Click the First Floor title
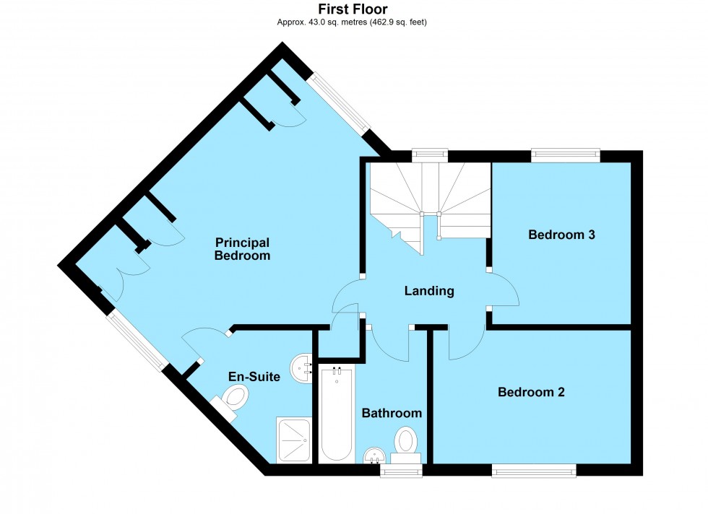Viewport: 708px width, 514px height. click(353, 9)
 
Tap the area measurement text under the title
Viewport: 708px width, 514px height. click(353, 22)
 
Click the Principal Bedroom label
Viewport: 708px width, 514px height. click(242, 249)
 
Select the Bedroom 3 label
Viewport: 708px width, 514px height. click(561, 235)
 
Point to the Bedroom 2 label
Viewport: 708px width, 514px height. click(531, 393)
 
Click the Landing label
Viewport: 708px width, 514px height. click(429, 292)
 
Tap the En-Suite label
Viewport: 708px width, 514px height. click(254, 376)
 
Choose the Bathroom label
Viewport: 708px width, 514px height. click(392, 414)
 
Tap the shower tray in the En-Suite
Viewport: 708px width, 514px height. click(294, 440)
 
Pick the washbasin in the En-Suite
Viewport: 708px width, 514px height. click(301, 369)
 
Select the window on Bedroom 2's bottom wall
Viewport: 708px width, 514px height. click(534, 471)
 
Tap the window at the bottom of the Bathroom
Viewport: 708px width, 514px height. click(402, 472)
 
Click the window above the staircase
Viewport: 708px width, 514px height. click(429, 154)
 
